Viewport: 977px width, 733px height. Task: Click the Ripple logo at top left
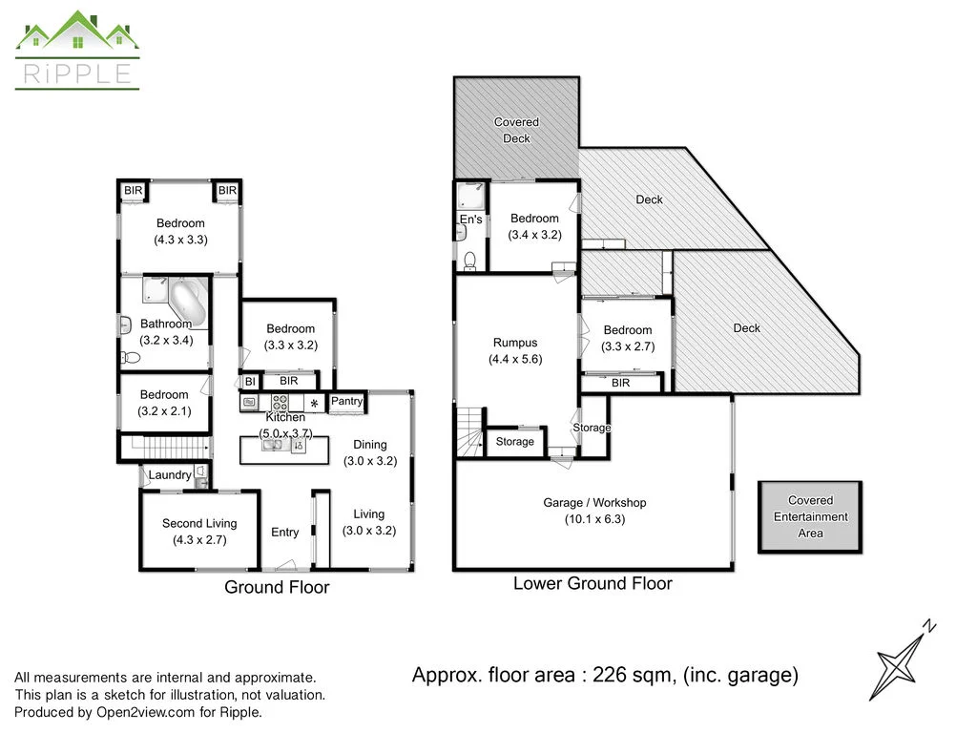(77, 50)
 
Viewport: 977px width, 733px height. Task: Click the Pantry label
(346, 402)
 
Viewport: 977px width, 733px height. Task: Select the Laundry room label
(169, 475)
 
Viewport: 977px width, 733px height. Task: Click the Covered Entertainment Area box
(810, 516)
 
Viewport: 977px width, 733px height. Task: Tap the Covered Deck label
(516, 130)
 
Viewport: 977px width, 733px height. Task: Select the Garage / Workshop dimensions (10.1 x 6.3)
(594, 520)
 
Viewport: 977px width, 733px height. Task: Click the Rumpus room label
(515, 343)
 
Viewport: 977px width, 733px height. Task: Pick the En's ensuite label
(470, 220)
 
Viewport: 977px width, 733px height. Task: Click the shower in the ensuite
(469, 197)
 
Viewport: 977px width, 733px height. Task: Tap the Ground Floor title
(277, 587)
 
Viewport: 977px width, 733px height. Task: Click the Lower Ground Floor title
(592, 583)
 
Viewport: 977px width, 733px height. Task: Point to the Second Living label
(199, 523)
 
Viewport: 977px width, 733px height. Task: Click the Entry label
(284, 533)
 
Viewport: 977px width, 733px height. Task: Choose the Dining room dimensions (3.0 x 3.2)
(369, 460)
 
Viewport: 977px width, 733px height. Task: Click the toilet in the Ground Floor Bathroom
(131, 357)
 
